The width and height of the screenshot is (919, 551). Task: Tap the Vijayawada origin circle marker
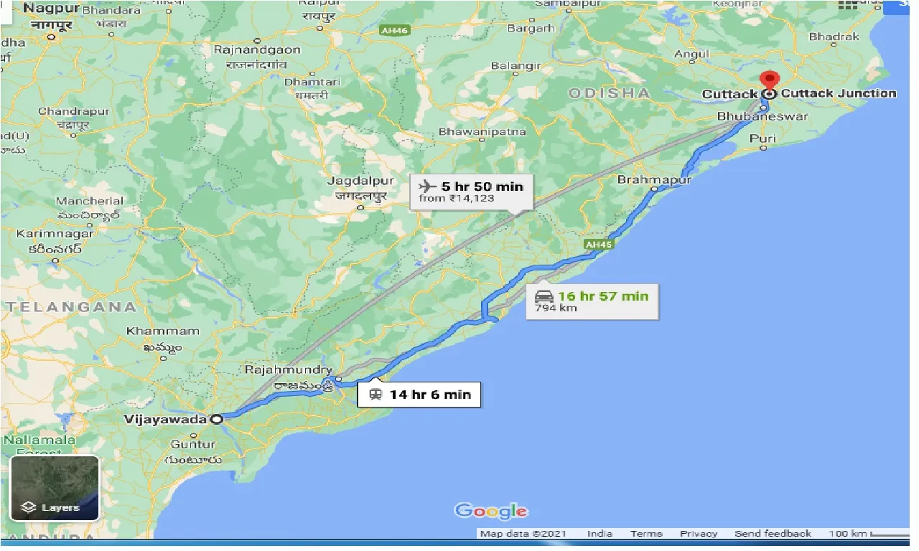[x=216, y=419]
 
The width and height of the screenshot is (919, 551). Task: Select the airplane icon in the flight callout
[x=428, y=187]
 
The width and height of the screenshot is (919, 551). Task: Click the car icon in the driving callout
[x=544, y=296]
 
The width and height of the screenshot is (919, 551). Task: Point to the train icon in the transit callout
[x=375, y=395]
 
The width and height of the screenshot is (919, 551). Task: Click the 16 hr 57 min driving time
[x=603, y=296]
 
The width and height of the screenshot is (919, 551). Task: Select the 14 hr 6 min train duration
[x=429, y=395]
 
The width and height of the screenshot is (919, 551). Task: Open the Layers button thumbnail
[x=55, y=488]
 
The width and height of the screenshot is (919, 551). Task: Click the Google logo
[x=491, y=511]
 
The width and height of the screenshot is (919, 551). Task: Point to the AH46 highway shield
[x=393, y=31]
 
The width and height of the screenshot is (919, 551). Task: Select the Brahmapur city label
[x=653, y=179]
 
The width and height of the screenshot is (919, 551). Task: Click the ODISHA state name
[x=609, y=93]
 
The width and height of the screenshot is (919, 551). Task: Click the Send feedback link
[x=773, y=534]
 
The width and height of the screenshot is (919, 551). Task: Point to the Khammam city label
[x=162, y=331]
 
